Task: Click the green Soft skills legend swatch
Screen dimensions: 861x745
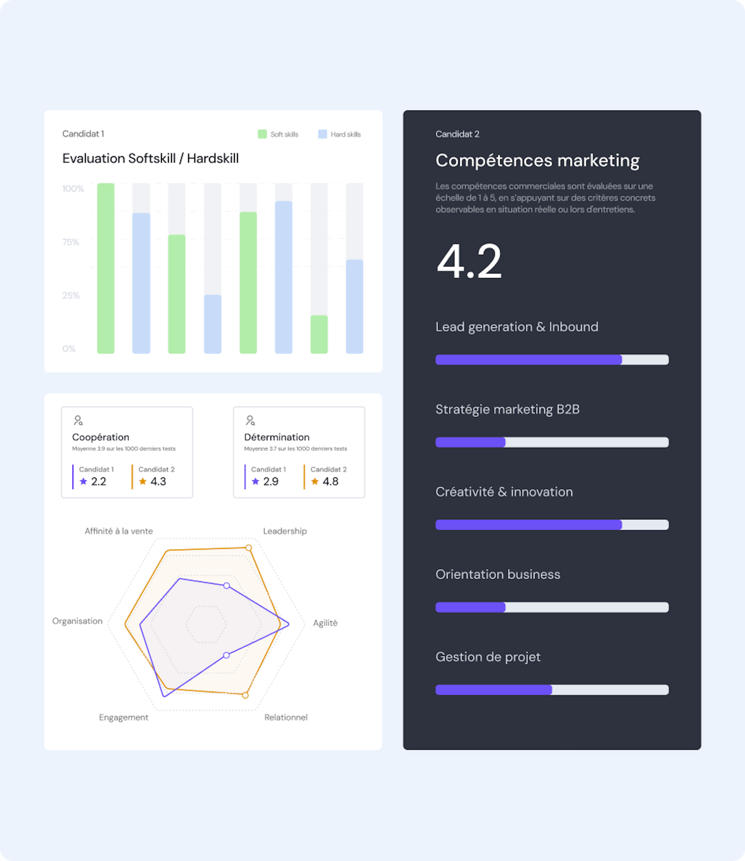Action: click(x=262, y=134)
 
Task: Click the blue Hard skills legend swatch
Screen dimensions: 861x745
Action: click(x=322, y=134)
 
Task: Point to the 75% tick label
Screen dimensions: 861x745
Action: click(x=70, y=242)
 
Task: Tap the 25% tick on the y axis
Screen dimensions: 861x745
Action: click(x=71, y=296)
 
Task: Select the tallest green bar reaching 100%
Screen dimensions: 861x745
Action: click(x=106, y=268)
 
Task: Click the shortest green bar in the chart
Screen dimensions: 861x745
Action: click(x=319, y=334)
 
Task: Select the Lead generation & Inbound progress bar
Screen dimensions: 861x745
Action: click(x=552, y=360)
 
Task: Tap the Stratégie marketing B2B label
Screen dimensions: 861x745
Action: click(x=507, y=409)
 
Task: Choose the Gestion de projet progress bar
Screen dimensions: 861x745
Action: click(x=552, y=690)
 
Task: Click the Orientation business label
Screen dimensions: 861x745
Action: click(x=497, y=574)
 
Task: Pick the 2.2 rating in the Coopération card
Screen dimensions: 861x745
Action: click(x=99, y=481)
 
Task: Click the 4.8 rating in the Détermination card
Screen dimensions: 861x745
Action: click(x=330, y=481)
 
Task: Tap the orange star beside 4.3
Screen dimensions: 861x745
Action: click(x=143, y=481)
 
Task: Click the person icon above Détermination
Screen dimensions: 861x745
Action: click(x=250, y=420)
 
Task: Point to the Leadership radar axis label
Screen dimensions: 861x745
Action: click(x=285, y=531)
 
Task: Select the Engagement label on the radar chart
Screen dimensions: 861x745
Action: click(x=123, y=717)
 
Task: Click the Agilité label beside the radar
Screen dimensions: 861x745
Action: click(x=325, y=622)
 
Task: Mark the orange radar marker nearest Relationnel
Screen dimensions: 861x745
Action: click(x=245, y=695)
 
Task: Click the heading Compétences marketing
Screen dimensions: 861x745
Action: click(x=537, y=161)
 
